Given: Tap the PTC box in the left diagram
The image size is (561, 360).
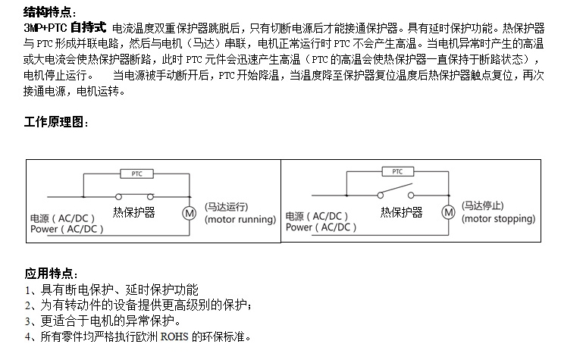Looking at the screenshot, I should click(136, 174).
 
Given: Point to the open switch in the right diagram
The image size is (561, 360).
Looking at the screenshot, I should click(395, 192).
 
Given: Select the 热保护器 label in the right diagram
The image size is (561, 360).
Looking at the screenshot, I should click(401, 213).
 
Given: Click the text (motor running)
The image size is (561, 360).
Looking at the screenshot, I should click(240, 220).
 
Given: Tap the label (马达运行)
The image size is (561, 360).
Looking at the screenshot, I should click(227, 206).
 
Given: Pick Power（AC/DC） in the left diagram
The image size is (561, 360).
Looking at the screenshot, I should click(66, 228).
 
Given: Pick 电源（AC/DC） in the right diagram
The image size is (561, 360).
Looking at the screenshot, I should click(319, 216).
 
